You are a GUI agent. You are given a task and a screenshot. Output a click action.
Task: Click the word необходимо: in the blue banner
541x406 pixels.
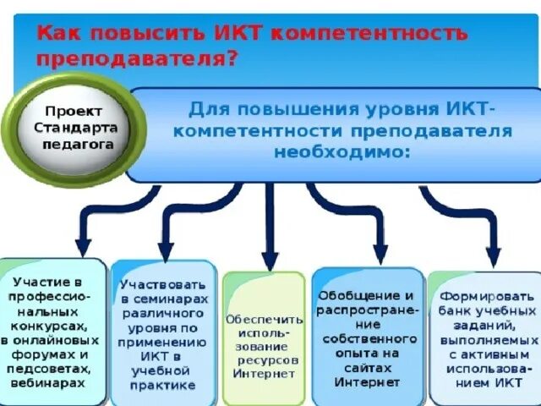(x=342, y=152)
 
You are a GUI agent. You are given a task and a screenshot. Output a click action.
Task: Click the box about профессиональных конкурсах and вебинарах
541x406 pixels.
(x=52, y=332)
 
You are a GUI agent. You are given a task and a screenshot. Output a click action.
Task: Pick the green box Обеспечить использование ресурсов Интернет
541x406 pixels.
(x=265, y=338)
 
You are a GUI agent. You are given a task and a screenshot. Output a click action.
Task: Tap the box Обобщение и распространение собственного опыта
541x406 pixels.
(x=367, y=334)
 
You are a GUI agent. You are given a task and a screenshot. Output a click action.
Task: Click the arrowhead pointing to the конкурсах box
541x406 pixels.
(x=84, y=246)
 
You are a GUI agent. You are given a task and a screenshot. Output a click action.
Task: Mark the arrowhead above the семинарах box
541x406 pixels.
(x=167, y=250)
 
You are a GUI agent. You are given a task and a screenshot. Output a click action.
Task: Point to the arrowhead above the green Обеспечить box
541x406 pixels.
(x=270, y=261)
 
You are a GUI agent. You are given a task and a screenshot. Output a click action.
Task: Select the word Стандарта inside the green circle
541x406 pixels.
(x=76, y=127)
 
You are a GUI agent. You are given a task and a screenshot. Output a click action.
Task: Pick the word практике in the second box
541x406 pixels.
(x=164, y=385)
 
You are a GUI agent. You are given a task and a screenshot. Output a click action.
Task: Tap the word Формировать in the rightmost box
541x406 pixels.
(x=487, y=296)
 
